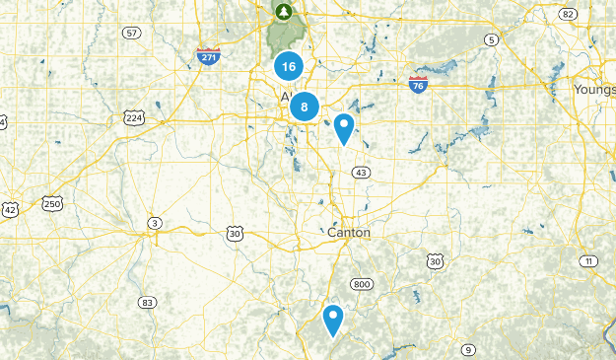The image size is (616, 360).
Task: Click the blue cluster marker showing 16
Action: pos(288,67)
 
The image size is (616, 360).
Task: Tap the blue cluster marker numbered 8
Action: pos(305,107)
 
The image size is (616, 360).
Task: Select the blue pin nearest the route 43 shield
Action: pos(343,128)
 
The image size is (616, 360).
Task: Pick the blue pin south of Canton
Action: pos(334,320)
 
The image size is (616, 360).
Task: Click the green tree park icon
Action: pos(284,12)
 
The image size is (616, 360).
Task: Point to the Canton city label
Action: pos(349,233)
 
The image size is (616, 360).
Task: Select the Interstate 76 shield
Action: pos(418,85)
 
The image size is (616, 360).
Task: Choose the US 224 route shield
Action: pos(134,118)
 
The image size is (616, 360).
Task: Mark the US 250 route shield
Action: pos(53,204)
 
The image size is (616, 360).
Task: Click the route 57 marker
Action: pos(131,33)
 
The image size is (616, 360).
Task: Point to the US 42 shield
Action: pos(10,210)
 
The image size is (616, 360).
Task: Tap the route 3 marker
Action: pos(154,224)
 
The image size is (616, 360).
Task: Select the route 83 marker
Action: pos(147,302)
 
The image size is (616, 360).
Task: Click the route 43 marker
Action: pos(362,172)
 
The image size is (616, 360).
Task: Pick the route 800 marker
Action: pos(362,284)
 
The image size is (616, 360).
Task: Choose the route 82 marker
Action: pos(566,14)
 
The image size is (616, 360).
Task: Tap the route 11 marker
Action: pos(588,260)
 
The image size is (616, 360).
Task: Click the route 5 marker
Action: pos(491,38)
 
